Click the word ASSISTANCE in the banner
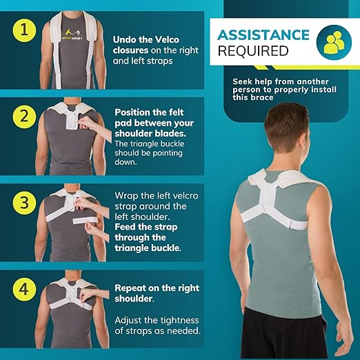click(263, 34)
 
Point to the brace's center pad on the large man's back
click(277, 199)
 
